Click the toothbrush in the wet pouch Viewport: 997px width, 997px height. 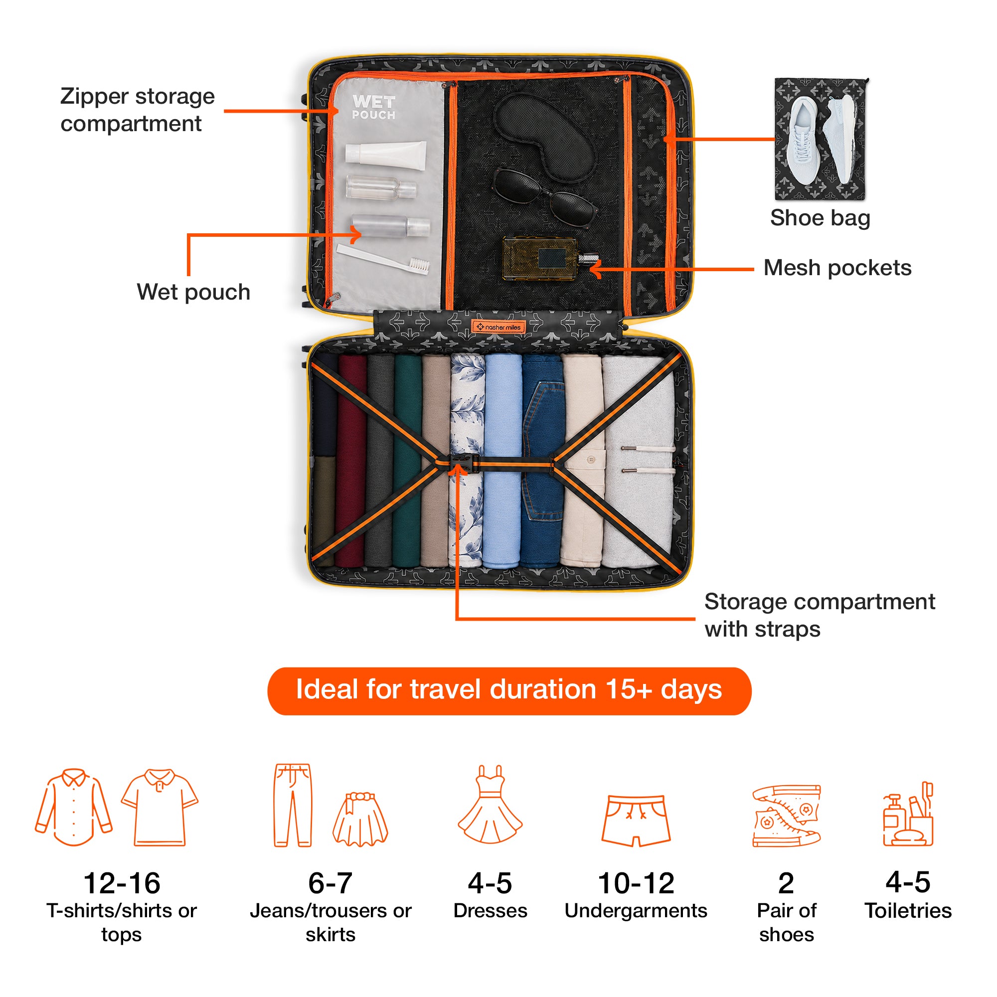[383, 260]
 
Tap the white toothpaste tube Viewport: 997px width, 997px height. [386, 156]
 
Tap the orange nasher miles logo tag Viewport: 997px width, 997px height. [498, 327]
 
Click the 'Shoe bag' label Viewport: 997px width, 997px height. [820, 218]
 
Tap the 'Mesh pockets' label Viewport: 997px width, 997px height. [837, 268]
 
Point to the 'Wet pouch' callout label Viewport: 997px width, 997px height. [193, 293]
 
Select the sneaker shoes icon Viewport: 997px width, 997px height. [787, 816]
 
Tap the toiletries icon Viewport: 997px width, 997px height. [908, 814]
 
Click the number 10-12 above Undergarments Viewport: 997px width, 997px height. [636, 883]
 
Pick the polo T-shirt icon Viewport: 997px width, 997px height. [160, 808]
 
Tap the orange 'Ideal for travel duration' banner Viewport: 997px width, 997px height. [509, 691]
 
